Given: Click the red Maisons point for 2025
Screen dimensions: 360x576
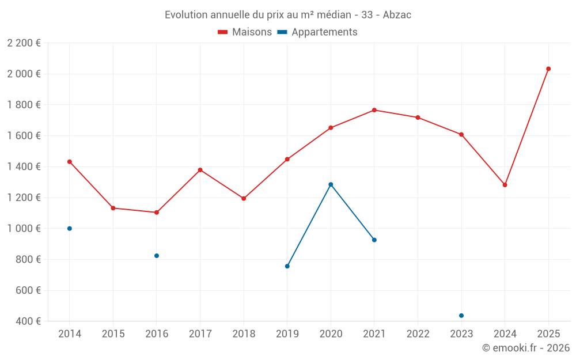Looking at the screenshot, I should (x=548, y=69).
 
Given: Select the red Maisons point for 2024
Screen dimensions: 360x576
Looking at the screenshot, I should (x=505, y=185).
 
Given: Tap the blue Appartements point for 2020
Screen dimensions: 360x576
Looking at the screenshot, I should (x=331, y=184).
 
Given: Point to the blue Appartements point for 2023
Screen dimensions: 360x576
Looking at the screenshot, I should (x=461, y=316).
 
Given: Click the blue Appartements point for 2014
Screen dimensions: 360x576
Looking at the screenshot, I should (x=70, y=229).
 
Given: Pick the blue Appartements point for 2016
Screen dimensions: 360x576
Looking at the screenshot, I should (x=157, y=256).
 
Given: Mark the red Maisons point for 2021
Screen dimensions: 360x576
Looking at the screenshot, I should (x=374, y=110).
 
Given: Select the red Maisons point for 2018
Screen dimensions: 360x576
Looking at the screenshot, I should (x=244, y=199).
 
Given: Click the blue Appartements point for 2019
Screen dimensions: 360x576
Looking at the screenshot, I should (x=287, y=266).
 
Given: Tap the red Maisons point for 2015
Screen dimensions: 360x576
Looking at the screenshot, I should (x=113, y=208).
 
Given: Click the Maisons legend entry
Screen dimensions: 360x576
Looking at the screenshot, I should (x=245, y=32).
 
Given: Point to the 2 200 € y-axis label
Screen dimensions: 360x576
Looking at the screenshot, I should (x=24, y=43).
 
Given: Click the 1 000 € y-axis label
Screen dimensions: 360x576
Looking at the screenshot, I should (x=24, y=229).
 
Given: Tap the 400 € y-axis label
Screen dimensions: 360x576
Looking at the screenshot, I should (x=27, y=321).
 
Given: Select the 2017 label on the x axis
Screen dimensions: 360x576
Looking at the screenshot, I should (x=200, y=334).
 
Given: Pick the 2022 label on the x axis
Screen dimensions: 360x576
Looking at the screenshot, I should (x=418, y=334).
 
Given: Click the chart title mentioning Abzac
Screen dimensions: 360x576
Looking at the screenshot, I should (x=288, y=15).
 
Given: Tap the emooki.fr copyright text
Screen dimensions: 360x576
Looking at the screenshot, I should (x=526, y=348).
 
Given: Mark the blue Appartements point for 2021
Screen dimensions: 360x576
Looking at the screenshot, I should (x=374, y=240).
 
